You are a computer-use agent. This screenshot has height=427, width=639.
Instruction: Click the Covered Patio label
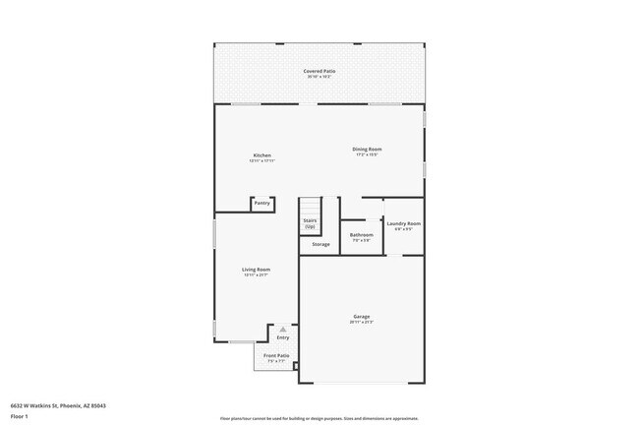pyautogui.click(x=319, y=72)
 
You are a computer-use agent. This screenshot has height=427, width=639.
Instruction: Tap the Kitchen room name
pyautogui.click(x=261, y=155)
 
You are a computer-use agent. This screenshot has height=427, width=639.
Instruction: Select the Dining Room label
pyautogui.click(x=366, y=150)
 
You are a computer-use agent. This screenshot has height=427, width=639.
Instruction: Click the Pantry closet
pyautogui.click(x=262, y=204)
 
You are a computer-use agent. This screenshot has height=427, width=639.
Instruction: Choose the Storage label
pyautogui.click(x=320, y=244)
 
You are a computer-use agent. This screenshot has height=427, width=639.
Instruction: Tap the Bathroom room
pyautogui.click(x=361, y=236)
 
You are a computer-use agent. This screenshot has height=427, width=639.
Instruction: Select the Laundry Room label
pyautogui.click(x=403, y=224)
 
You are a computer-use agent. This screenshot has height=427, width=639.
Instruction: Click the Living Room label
pyautogui.click(x=257, y=270)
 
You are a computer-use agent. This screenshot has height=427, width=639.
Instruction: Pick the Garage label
pyautogui.click(x=361, y=317)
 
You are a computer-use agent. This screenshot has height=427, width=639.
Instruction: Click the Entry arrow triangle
pyautogui.click(x=283, y=329)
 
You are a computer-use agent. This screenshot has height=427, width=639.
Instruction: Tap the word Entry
pyautogui.click(x=283, y=337)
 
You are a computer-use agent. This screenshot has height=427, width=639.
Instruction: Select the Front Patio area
pyautogui.click(x=275, y=357)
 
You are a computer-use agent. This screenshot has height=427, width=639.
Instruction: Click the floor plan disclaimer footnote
pyautogui.click(x=319, y=417)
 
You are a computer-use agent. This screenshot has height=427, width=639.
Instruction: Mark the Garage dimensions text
pyautogui.click(x=361, y=323)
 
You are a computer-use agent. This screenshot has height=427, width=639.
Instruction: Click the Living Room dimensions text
pyautogui.click(x=257, y=275)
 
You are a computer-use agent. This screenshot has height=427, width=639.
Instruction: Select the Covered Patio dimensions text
pyautogui.click(x=319, y=78)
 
